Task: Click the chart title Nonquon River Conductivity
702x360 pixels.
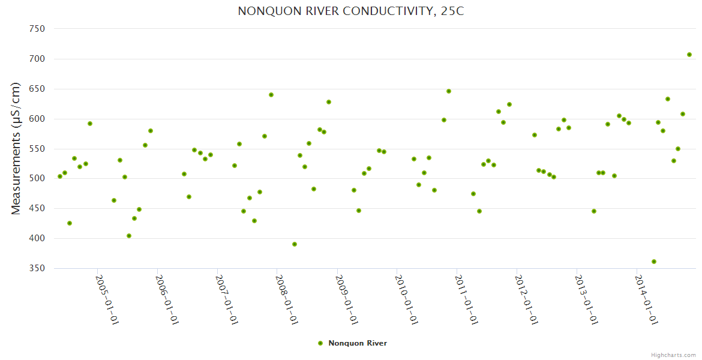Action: click(x=350, y=11)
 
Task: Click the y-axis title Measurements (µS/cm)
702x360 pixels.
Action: click(x=17, y=148)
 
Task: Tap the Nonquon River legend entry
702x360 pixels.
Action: click(x=353, y=343)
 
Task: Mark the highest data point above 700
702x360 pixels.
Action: click(x=689, y=55)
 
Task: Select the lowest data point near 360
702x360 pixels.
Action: click(x=654, y=262)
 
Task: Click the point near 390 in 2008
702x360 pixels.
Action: click(x=295, y=244)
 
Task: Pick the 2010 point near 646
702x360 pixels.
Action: click(x=449, y=91)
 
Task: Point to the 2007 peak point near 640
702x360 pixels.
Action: click(x=271, y=95)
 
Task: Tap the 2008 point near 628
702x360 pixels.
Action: click(x=329, y=102)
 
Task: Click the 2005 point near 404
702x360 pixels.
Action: click(x=129, y=236)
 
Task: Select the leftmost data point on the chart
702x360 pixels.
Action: click(x=60, y=176)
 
